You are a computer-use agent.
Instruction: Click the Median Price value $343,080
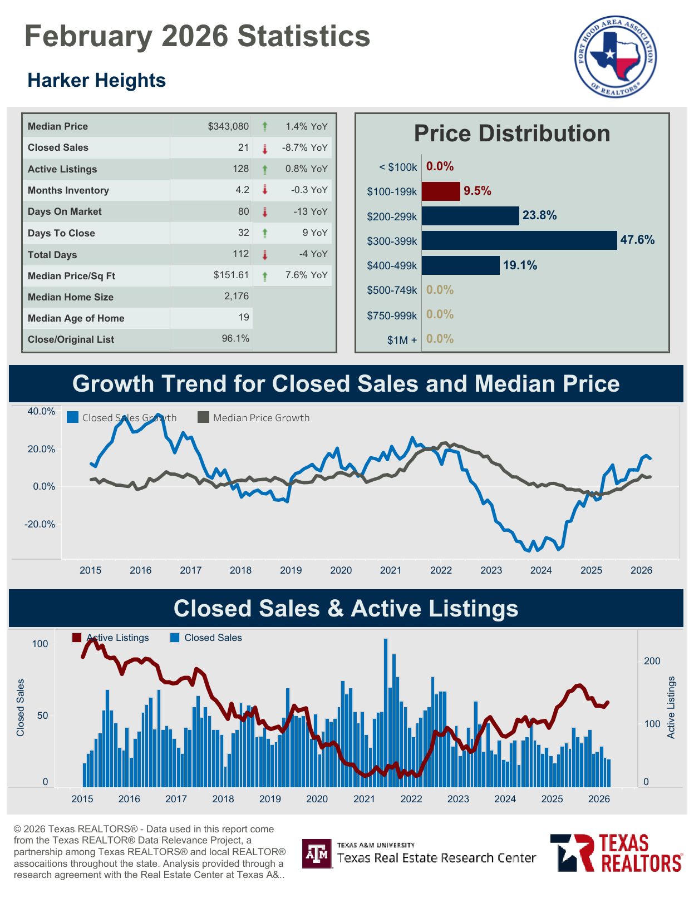point(228,126)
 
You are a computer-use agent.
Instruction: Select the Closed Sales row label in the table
point(58,147)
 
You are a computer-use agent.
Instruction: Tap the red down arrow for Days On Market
point(265,212)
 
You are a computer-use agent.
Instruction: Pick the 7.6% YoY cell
point(306,275)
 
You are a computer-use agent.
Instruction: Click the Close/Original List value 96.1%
point(235,338)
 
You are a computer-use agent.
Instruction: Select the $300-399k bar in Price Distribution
point(519,240)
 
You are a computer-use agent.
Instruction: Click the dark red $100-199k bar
point(440,191)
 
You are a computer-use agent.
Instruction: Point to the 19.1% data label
point(520,265)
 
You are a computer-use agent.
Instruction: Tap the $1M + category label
point(402,340)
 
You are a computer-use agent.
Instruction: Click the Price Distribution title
point(511,134)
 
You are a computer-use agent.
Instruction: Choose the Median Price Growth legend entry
point(254,417)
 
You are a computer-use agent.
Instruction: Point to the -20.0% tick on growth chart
point(40,524)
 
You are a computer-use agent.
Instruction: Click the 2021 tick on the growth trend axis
point(391,570)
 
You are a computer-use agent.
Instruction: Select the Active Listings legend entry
point(111,638)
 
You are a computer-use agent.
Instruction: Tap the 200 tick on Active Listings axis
point(652,661)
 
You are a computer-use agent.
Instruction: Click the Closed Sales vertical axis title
point(21,708)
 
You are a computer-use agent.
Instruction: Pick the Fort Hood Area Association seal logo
point(615,56)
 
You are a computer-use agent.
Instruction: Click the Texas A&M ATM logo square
point(317,853)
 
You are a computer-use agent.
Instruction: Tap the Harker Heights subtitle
point(97,80)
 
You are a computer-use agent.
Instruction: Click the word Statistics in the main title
point(304,36)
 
